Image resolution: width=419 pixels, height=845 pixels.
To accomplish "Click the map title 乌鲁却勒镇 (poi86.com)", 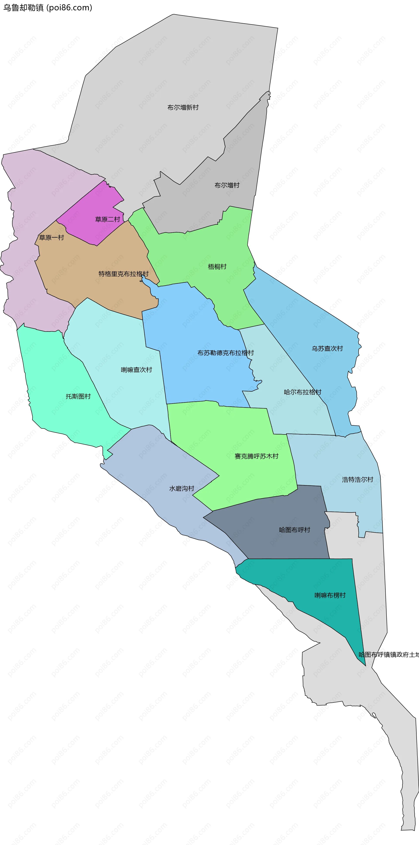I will [48, 8].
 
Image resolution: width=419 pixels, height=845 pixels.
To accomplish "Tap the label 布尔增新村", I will [183, 107].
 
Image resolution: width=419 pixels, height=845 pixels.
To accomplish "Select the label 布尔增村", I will [227, 185].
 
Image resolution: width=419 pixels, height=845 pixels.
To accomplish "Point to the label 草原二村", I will [107, 219].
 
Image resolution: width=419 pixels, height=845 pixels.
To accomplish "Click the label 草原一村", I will [52, 238].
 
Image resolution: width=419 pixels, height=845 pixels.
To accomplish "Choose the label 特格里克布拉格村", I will [124, 274].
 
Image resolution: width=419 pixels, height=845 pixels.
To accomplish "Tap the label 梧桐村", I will [217, 267].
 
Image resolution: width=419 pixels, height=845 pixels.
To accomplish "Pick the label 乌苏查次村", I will [327, 348].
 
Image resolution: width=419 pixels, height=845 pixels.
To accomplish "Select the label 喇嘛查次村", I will [136, 370].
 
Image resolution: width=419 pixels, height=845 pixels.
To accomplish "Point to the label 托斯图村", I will [78, 396].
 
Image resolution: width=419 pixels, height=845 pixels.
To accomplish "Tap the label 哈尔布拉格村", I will [302, 392].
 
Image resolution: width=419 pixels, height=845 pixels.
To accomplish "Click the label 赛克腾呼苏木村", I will [256, 456].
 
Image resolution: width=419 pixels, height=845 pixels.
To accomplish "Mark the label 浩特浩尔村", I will [357, 480].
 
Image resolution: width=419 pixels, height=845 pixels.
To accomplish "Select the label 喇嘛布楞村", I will [330, 595].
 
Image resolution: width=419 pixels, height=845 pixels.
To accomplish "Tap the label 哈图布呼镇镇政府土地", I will [388, 654].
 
